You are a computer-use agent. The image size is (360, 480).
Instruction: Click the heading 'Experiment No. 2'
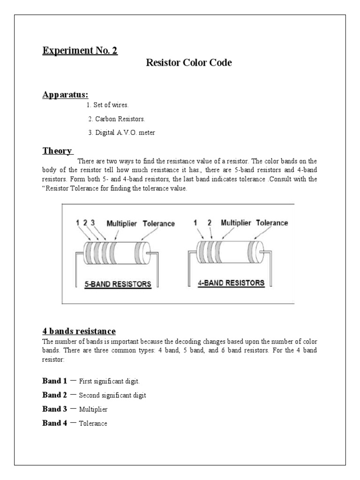point(80,51)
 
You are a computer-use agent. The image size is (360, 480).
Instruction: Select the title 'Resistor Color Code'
point(189,62)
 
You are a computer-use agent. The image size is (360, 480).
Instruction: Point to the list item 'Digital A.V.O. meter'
point(121,133)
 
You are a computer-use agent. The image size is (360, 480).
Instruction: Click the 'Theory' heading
point(58,150)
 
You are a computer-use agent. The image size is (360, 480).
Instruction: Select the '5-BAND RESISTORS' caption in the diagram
point(118,284)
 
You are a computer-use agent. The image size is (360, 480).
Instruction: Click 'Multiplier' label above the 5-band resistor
point(122,224)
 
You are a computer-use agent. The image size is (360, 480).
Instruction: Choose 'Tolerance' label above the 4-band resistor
point(272,223)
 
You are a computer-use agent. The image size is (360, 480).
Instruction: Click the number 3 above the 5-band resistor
point(93,223)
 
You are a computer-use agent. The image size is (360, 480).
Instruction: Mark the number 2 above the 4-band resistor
point(210,223)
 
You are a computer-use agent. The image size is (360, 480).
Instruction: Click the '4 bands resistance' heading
point(79,331)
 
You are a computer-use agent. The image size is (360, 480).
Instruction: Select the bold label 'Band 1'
point(55,381)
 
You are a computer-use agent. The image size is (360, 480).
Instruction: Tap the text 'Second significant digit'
point(112,395)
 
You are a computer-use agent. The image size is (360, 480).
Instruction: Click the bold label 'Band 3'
point(55,409)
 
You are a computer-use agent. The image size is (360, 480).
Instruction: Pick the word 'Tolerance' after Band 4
point(93,423)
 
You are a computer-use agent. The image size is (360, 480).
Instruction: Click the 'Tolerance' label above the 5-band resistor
point(158,224)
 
